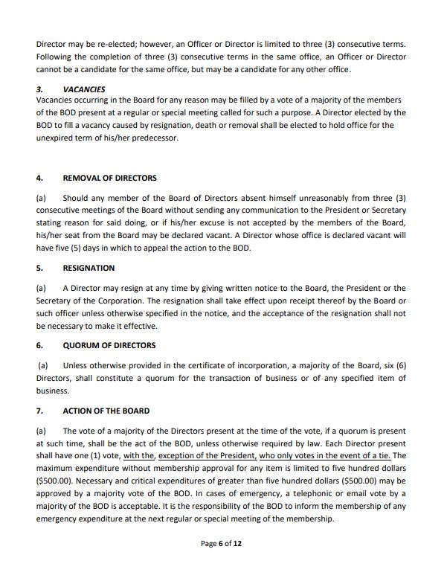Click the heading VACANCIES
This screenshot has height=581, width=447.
[x=84, y=89]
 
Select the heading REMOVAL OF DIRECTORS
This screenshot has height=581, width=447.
[x=110, y=178]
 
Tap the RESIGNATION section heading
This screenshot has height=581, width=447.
[x=89, y=268]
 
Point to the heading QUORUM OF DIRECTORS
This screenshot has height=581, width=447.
[x=109, y=345]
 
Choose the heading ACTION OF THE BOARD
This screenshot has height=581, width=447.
[x=106, y=411]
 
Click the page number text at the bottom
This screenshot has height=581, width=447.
[x=221, y=544]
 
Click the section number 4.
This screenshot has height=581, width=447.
[x=39, y=178]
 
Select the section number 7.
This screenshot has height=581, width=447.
[x=39, y=411]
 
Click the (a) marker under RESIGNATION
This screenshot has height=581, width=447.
[x=41, y=288]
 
